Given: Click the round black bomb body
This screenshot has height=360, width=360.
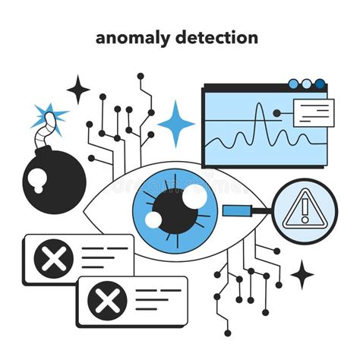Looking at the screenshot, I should point(53,176).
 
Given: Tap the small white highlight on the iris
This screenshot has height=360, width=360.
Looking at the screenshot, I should point(154,220).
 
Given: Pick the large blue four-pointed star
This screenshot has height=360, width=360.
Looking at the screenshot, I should point(175,123).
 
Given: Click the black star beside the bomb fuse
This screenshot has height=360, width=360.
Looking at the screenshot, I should point(78,90).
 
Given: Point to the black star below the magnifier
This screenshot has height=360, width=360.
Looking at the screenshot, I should point(302,274).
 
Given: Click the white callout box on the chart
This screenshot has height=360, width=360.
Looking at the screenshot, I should point(312,112).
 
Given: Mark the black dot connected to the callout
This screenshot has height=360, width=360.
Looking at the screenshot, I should point(277,113).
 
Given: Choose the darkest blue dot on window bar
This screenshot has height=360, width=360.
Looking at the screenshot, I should point(320,84).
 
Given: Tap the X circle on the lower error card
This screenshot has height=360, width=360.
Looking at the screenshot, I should point(107,302).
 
